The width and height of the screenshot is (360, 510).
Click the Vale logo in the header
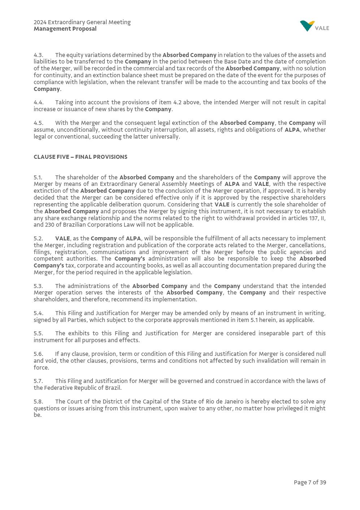click(314, 26)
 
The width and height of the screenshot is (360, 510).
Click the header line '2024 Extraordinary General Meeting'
click(82, 22)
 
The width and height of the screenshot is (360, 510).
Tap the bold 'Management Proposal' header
click(65, 29)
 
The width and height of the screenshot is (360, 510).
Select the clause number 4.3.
click(38, 55)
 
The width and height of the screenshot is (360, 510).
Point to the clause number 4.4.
click(38, 103)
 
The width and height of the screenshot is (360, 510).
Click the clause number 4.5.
click(38, 123)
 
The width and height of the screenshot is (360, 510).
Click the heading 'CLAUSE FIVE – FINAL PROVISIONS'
click(80, 157)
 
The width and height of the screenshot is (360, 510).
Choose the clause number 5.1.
click(38, 178)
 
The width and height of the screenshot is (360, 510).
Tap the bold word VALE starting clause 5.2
click(62, 239)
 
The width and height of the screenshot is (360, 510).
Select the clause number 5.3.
click(38, 286)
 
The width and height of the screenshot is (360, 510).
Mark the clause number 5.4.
click(38, 313)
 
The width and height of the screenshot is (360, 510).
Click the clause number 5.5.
click(38, 334)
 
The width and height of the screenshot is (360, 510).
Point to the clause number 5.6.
click(38, 354)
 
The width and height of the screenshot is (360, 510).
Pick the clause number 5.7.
click(38, 381)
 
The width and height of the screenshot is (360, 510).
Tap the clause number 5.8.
click(38, 402)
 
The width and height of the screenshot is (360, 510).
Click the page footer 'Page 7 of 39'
click(309, 483)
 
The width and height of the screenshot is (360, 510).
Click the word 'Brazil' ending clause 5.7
click(113, 388)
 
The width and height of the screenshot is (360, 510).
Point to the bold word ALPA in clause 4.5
click(292, 130)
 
